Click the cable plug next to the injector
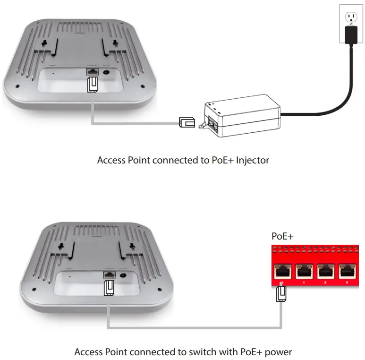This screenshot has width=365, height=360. coord(187,123)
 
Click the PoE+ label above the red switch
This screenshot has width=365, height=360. coord(282,236)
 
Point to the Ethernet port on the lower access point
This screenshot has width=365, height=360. coord(109,275)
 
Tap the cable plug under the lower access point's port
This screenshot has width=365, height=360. coord(109,287)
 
